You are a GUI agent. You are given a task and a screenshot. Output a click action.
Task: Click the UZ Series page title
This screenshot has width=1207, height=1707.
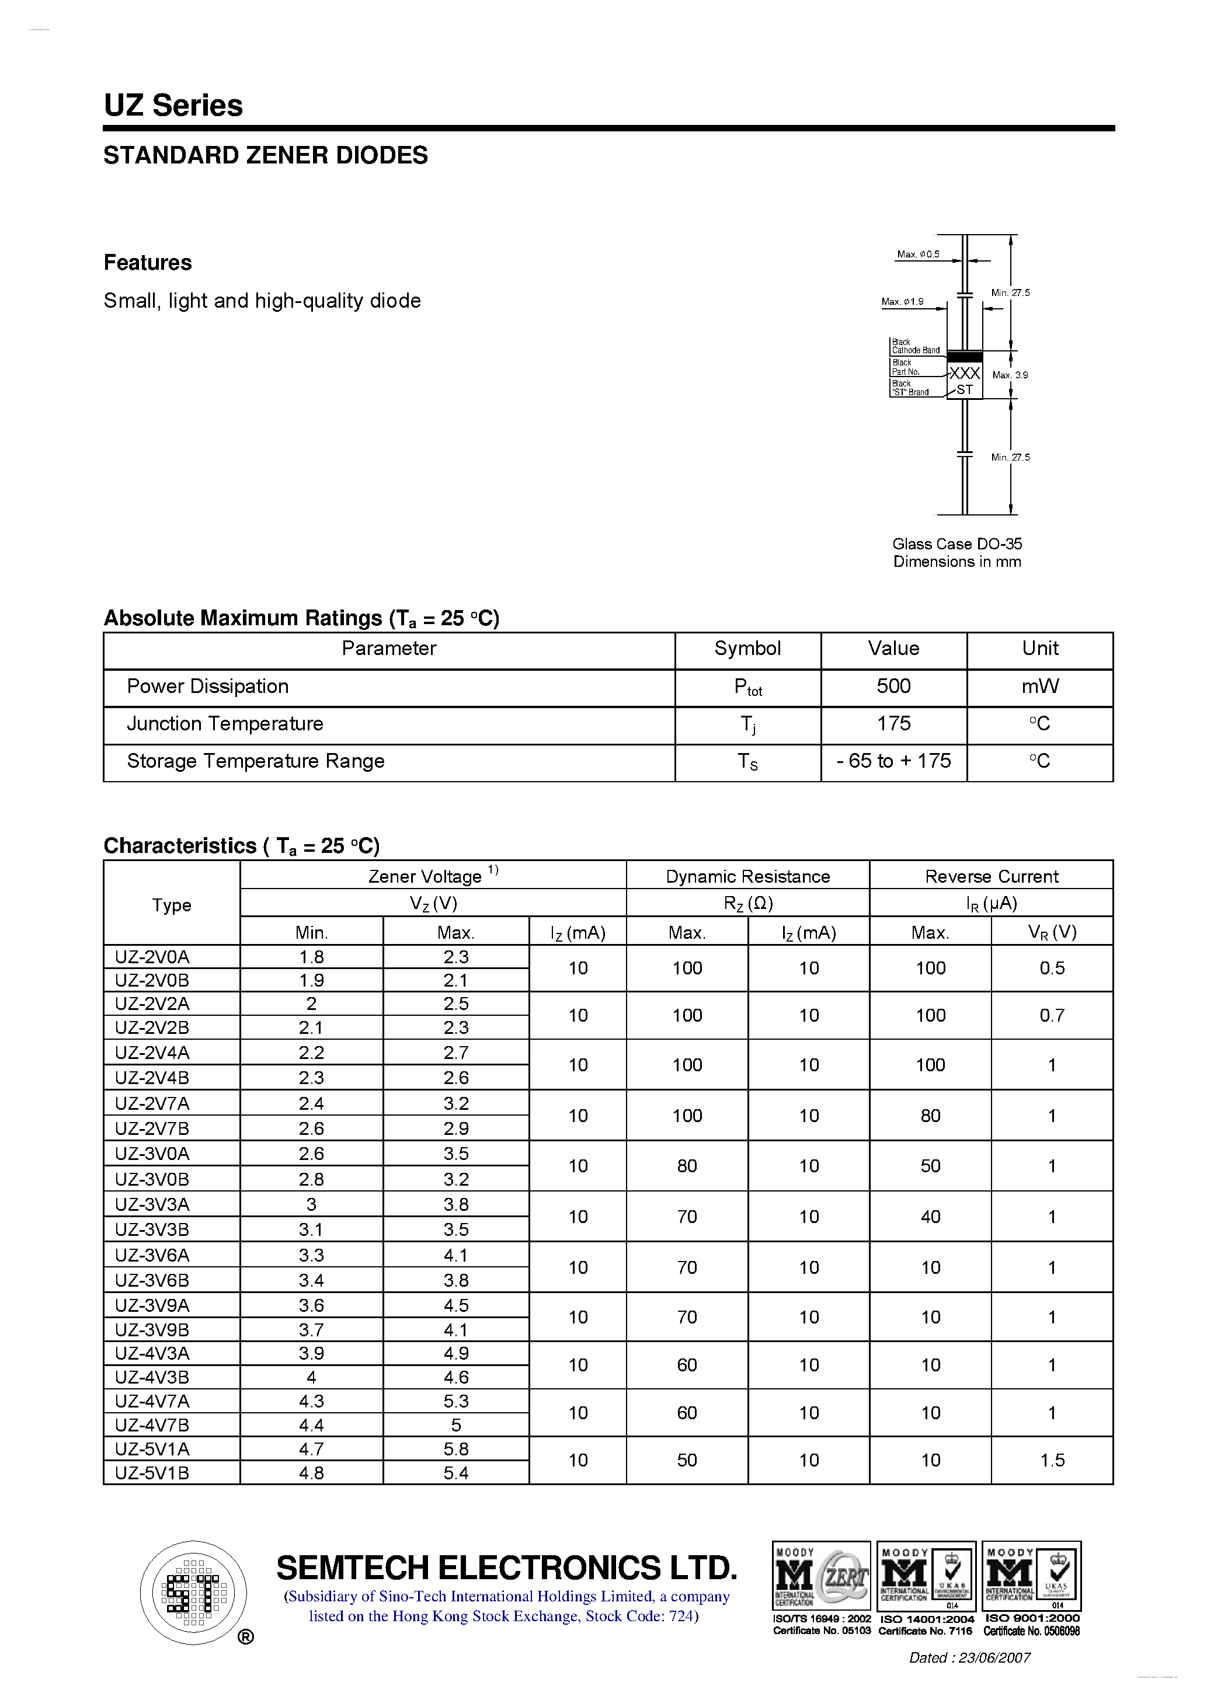pos(173,106)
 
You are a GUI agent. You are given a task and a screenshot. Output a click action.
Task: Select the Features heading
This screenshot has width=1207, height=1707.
pos(147,263)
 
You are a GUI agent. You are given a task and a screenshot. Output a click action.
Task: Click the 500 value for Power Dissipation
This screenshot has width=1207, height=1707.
pos(893,686)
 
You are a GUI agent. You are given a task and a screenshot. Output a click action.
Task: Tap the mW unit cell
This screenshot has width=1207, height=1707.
pos(1039,686)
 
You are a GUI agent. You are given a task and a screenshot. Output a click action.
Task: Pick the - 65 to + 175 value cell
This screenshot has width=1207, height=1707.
pos(893,761)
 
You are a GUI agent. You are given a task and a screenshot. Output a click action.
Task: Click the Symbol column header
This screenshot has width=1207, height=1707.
pos(747,649)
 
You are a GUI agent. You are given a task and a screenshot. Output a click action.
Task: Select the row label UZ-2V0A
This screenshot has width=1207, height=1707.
pos(152,957)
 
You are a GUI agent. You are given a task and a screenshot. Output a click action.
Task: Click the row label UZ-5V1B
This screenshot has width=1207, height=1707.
pos(152,1473)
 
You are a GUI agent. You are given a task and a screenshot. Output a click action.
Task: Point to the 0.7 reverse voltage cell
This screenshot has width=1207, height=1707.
pos(1052,1016)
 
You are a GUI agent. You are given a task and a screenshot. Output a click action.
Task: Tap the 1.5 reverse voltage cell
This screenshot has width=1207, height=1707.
pos(1052,1460)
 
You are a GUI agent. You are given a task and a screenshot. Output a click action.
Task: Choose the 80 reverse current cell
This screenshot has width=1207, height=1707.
pos(930,1116)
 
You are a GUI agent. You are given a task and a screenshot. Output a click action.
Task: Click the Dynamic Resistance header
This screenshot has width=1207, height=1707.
pos(747,876)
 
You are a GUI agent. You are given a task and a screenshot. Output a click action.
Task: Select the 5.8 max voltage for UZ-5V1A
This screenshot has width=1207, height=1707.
pos(456,1449)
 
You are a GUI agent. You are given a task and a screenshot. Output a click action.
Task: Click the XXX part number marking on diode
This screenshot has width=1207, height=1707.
pos(965,373)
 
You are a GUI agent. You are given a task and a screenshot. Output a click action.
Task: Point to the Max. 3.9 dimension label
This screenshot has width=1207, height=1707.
pos(1010,375)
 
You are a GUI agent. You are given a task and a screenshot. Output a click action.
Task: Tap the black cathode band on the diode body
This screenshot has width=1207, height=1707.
pos(965,357)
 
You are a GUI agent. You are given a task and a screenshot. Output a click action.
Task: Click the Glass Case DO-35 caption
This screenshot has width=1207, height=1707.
pos(957,544)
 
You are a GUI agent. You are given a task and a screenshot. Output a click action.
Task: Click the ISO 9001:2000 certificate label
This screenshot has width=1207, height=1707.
pos(1032,1618)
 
